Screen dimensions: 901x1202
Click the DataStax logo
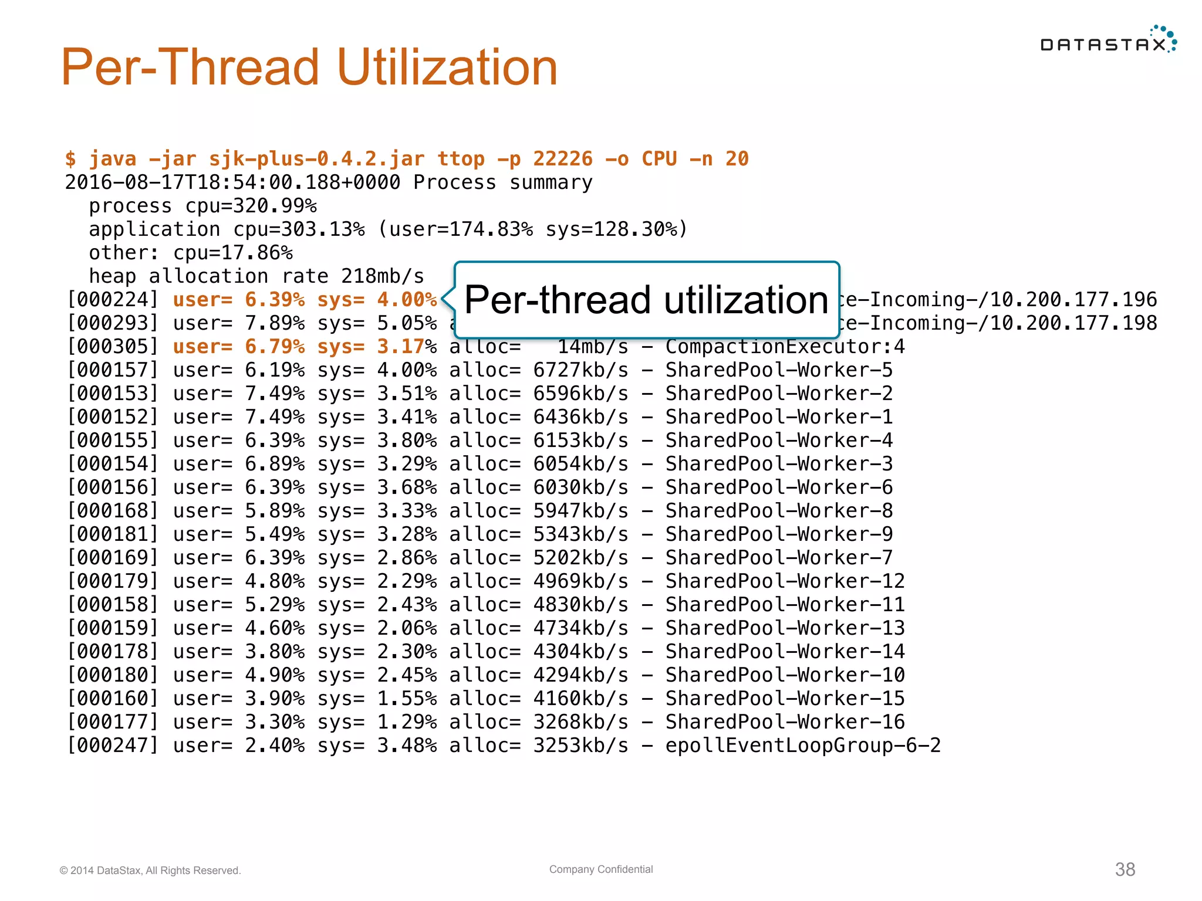pos(1108,41)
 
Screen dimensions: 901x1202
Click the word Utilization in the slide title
pos(447,67)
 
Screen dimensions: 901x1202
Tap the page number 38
pos(1125,869)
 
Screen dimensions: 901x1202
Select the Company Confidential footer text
pos(601,869)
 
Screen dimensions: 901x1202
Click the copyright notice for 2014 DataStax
pos(150,870)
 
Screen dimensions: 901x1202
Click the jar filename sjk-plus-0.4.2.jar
pos(317,159)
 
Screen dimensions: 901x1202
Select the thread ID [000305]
pos(113,347)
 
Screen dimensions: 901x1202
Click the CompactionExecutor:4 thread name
pos(785,347)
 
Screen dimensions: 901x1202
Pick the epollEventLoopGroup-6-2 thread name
pos(802,746)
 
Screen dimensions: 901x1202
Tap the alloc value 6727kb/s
pos(580,370)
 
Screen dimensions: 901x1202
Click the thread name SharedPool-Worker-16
pos(785,722)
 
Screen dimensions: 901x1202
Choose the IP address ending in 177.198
pos(1073,323)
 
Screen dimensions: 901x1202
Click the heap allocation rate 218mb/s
pos(382,276)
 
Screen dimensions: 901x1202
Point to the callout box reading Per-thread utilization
pos(646,300)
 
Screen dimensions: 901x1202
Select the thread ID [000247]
pos(113,746)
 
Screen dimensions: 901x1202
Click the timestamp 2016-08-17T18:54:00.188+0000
pos(232,182)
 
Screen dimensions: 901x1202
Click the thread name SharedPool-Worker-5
pos(779,370)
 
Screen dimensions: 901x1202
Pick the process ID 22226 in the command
pos(562,159)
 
